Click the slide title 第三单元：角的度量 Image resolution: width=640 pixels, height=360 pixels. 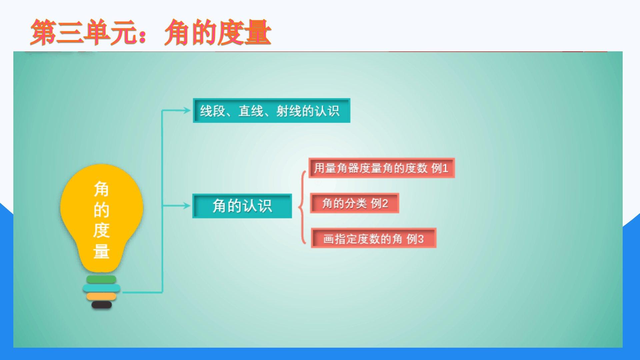pos(151,32)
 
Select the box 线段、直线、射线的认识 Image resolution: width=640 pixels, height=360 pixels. pos(271,111)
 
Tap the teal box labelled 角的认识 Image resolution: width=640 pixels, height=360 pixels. pos(242,206)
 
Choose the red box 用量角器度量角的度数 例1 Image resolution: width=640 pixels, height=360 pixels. pos(382,168)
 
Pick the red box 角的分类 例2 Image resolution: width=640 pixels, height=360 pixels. pos(355,203)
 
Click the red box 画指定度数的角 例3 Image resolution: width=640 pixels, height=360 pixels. pos(374,238)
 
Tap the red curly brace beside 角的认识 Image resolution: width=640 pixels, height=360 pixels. pos(301,207)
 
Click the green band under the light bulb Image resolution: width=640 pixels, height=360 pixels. pos(101,279)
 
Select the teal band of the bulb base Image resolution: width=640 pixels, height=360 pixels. pos(101,288)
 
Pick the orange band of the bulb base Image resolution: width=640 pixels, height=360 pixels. pos(101,296)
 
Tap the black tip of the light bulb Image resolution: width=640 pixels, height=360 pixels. pos(102,304)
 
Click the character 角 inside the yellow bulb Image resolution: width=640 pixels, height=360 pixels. pos(101,189)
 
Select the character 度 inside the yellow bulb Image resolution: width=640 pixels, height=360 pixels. pos(101,230)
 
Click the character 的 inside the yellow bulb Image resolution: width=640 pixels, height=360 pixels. pos(101,210)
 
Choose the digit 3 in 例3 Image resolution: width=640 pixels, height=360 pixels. pos(420,239)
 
